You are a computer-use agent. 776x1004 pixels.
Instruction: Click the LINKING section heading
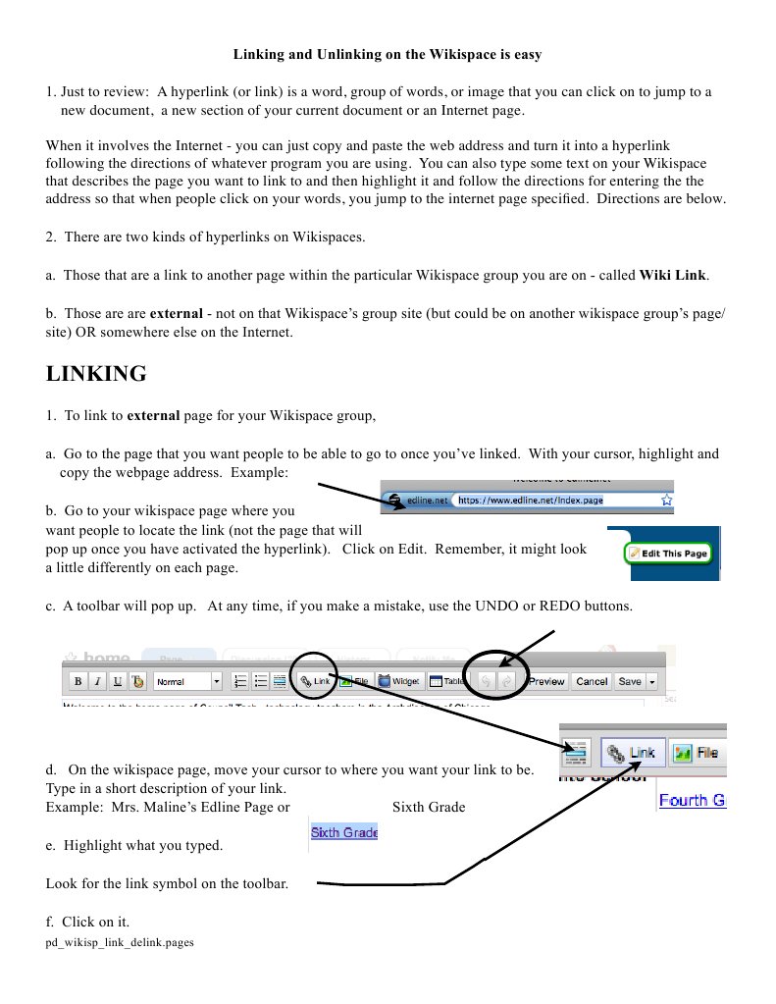[x=96, y=374]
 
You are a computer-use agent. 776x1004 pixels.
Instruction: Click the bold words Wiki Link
[x=673, y=276]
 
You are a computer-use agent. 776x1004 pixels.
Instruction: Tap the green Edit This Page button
[x=668, y=554]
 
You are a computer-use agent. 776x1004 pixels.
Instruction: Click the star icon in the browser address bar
[x=666, y=500]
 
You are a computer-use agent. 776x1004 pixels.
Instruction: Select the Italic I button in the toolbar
[x=98, y=681]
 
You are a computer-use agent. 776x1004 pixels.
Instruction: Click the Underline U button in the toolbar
[x=118, y=681]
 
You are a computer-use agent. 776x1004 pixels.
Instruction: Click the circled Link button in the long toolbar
[x=316, y=680]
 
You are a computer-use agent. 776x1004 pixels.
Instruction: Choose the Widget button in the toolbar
[x=399, y=681]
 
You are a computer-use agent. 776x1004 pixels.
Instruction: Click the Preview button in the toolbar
[x=546, y=681]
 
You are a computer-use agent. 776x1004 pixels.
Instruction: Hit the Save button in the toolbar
[x=629, y=681]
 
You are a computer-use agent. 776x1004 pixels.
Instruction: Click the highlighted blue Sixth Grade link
[x=344, y=832]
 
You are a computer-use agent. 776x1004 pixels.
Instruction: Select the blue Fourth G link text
[x=692, y=800]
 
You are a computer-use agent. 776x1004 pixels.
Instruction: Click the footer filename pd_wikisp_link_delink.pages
[x=120, y=943]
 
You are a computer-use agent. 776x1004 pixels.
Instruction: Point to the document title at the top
[x=388, y=54]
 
